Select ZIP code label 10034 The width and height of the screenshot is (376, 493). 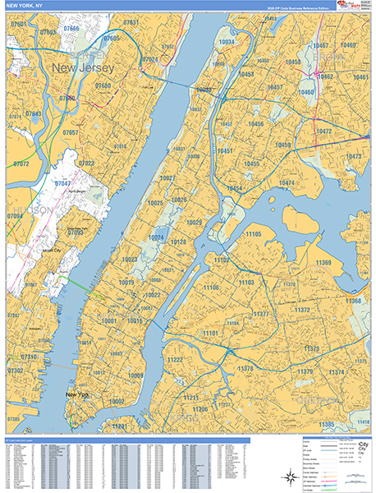click(227, 42)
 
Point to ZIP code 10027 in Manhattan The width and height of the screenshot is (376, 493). click(167, 178)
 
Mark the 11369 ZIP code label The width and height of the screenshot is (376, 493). click(323, 263)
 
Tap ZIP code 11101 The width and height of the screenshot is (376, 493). click(210, 334)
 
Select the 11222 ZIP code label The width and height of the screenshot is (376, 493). click(175, 360)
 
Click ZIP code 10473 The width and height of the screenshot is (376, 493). click(353, 156)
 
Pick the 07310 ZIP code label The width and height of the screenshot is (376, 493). click(28, 357)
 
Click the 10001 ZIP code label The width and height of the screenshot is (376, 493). click(110, 321)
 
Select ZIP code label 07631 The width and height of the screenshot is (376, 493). click(131, 21)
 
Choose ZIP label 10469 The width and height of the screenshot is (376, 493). click(348, 45)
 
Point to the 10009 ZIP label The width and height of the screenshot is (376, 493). click(135, 376)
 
